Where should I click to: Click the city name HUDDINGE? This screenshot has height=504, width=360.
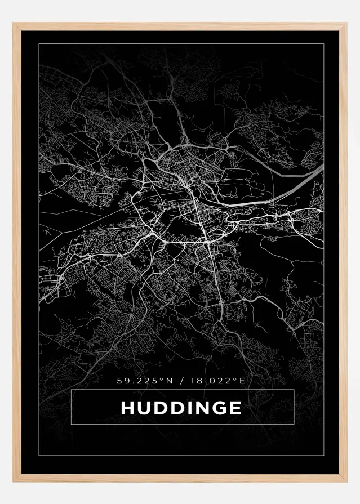181,407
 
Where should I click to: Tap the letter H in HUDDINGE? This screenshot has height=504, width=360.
128,407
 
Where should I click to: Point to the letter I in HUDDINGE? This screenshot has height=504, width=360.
190,407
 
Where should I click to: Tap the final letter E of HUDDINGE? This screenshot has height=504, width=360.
235,407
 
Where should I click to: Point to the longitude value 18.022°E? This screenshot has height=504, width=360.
217,381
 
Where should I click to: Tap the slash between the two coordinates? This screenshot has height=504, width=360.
180,381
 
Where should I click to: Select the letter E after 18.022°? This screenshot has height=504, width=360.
243,381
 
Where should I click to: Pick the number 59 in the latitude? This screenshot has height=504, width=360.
122,381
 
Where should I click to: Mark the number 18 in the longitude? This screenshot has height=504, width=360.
194,381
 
